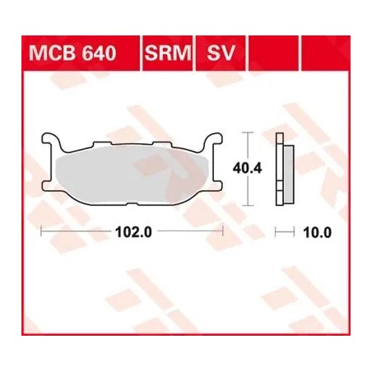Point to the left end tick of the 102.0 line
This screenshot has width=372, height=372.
[40, 232]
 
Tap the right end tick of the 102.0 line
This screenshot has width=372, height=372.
[223, 232]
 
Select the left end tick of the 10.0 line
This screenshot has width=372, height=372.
[277, 232]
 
